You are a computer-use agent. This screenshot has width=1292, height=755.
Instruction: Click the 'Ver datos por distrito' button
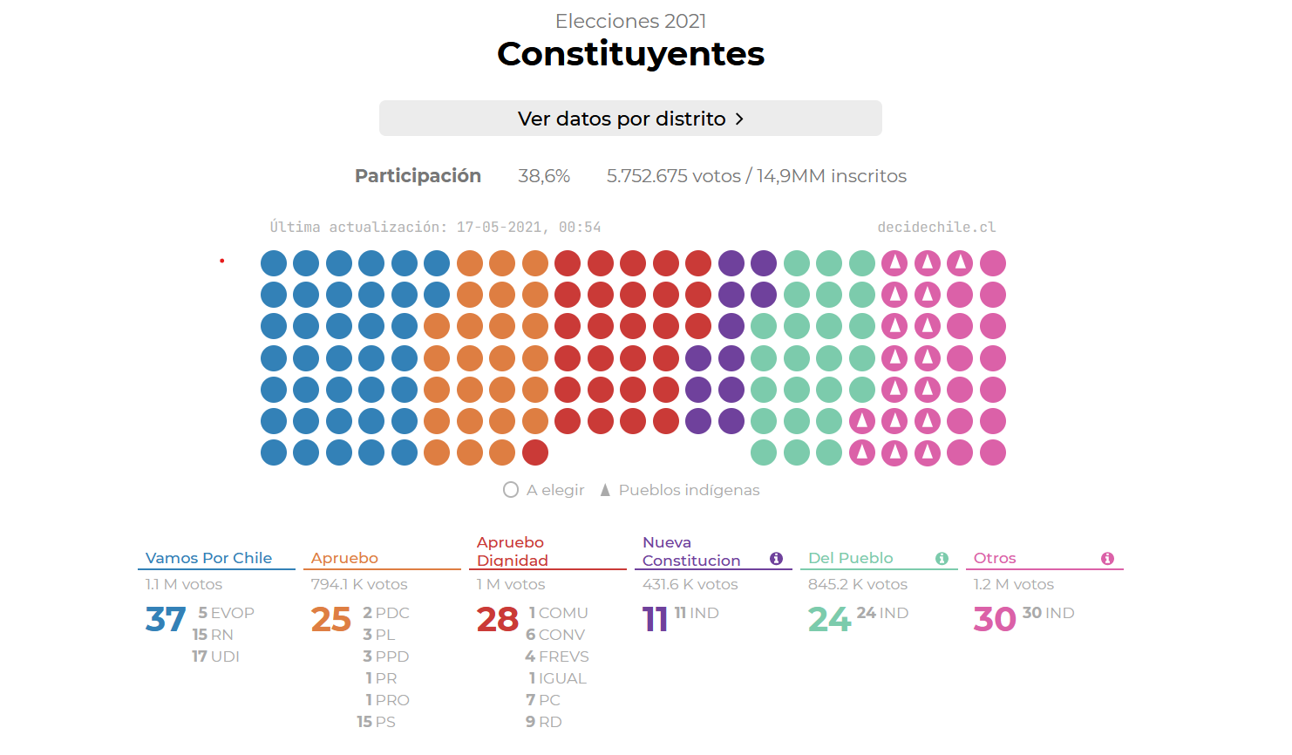[629, 119]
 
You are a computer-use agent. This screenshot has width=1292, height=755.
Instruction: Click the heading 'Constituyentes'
[630, 54]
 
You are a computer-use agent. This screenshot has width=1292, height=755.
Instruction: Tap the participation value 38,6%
[544, 176]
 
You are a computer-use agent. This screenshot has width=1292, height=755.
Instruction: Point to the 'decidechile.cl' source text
[936, 228]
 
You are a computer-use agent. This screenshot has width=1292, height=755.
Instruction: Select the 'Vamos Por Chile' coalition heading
[208, 558]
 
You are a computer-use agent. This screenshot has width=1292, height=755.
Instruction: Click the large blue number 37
[166, 620]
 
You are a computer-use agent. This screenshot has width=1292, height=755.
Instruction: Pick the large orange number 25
[331, 620]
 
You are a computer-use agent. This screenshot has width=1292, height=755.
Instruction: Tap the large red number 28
[497, 620]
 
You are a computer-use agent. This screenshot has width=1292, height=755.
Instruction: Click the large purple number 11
[655, 620]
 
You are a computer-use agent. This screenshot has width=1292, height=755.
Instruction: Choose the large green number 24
[829, 620]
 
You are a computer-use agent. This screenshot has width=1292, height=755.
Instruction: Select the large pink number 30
[995, 620]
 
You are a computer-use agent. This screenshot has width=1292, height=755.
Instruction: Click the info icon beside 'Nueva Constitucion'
[777, 558]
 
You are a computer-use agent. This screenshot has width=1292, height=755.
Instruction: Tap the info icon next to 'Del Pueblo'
[942, 558]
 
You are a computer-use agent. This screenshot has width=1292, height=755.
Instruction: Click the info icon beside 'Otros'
[1107, 558]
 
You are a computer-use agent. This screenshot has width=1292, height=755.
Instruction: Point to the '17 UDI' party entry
[215, 656]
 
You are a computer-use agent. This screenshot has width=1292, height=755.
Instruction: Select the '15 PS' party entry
[376, 722]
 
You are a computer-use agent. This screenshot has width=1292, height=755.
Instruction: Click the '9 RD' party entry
[543, 722]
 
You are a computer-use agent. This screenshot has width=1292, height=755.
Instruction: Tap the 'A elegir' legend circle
[511, 490]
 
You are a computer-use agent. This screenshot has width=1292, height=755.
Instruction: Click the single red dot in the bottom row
[535, 452]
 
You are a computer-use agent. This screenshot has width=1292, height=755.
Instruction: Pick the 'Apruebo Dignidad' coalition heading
[513, 551]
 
